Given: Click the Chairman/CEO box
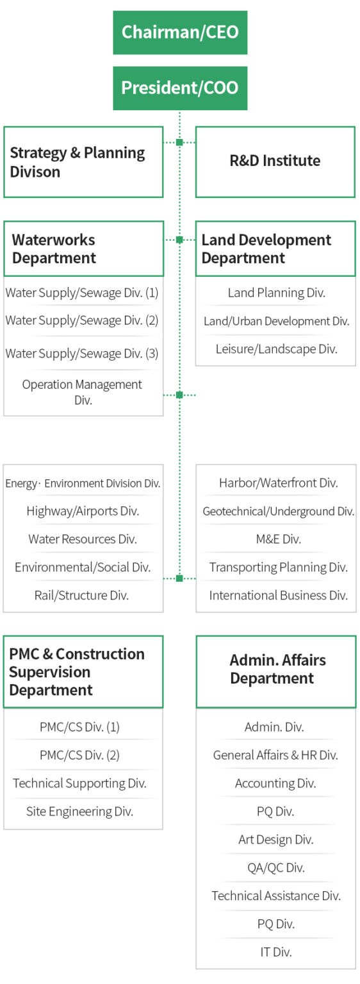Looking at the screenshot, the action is point(180,33).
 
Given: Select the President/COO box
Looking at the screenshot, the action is point(180,88).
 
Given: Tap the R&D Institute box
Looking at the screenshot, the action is point(275,161).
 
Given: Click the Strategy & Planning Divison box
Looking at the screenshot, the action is point(83,161).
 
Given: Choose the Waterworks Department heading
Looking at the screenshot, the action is point(83,249).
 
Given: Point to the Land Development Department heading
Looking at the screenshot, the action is point(275,249).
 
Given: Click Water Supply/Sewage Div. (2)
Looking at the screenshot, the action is point(81,320).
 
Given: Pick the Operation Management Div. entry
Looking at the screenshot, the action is point(82,392).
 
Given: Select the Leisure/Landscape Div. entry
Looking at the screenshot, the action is point(276,348).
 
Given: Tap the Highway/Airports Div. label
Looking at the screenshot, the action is point(83,511).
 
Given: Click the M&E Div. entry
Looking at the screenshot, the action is point(279,539).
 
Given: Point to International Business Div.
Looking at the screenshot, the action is point(279,595).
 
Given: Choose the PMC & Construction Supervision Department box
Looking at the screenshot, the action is point(83,671).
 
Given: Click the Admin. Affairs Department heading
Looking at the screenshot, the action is point(275,671).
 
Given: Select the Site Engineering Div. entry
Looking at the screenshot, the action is point(79,812).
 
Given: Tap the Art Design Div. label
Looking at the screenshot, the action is point(275,839).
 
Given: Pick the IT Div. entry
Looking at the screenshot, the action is point(275,952).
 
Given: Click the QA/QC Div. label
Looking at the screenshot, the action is point(275,867).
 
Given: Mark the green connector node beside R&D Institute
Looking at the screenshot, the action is point(179,142).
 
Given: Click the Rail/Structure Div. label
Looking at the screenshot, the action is point(81,595).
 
